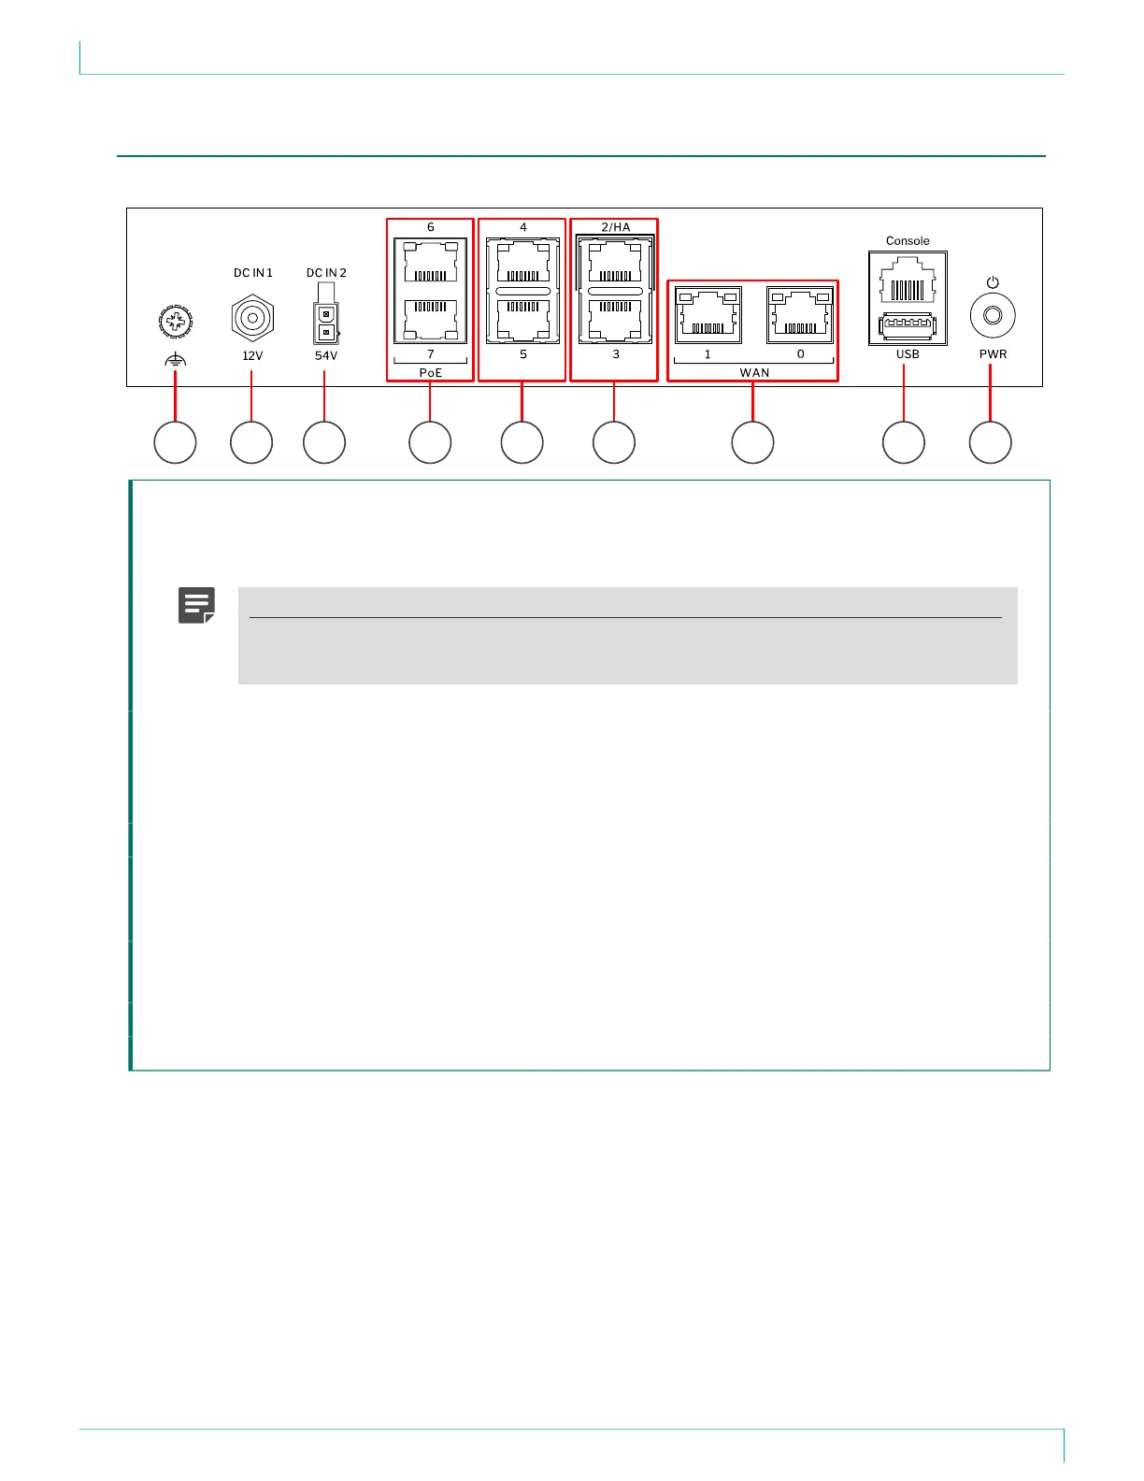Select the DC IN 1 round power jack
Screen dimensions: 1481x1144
[x=252, y=319]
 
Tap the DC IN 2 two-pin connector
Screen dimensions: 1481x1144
[x=326, y=323]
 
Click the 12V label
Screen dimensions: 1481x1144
[x=252, y=355]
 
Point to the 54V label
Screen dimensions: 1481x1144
[x=326, y=355]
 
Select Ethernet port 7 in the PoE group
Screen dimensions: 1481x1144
[x=431, y=320]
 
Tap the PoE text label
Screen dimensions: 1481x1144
[x=431, y=373]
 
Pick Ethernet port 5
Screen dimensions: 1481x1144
[x=522, y=320]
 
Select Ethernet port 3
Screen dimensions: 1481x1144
[x=615, y=320]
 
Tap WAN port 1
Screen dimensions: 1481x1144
[x=708, y=315]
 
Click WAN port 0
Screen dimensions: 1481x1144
[x=800, y=315]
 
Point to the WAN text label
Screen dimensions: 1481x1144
[x=754, y=373]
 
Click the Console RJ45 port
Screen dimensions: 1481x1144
[x=908, y=280]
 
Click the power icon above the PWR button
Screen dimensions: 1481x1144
[x=993, y=282]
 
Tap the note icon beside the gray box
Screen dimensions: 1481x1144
[x=197, y=605]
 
